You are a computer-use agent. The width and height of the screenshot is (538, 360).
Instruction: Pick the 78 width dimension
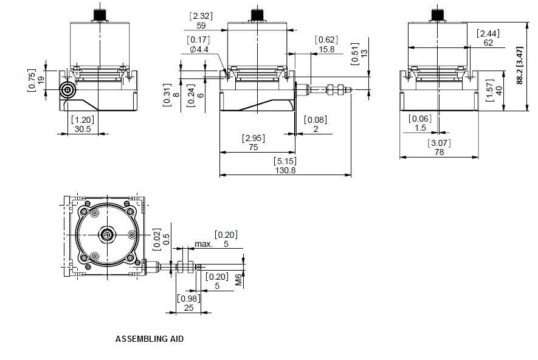(440, 153)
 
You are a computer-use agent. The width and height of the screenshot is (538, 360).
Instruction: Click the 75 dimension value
(253, 147)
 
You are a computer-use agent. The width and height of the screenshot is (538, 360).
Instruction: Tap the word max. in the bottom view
(204, 244)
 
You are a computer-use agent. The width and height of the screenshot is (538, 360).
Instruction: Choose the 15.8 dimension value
(326, 49)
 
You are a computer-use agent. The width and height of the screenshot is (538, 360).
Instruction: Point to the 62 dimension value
(489, 42)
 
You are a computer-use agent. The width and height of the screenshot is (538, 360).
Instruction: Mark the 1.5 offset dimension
(421, 128)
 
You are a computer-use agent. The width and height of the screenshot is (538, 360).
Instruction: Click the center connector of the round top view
(108, 235)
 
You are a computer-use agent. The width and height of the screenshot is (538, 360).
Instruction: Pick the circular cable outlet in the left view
(67, 91)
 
